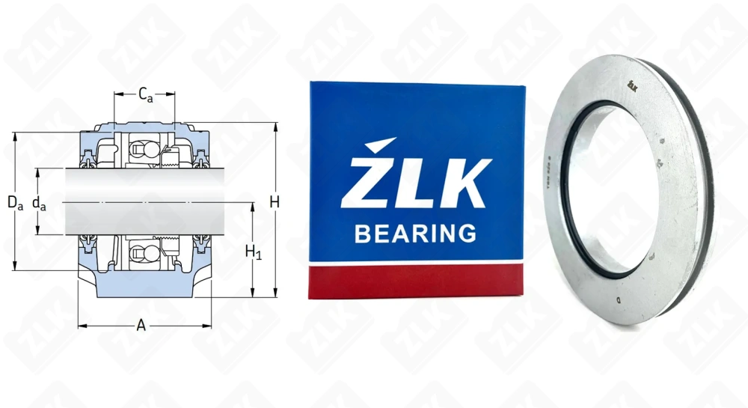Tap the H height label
coord(275,201)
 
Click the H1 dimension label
coord(254,253)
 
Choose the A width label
coord(141,324)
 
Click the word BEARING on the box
coord(415,234)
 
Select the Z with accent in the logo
coord(366,176)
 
